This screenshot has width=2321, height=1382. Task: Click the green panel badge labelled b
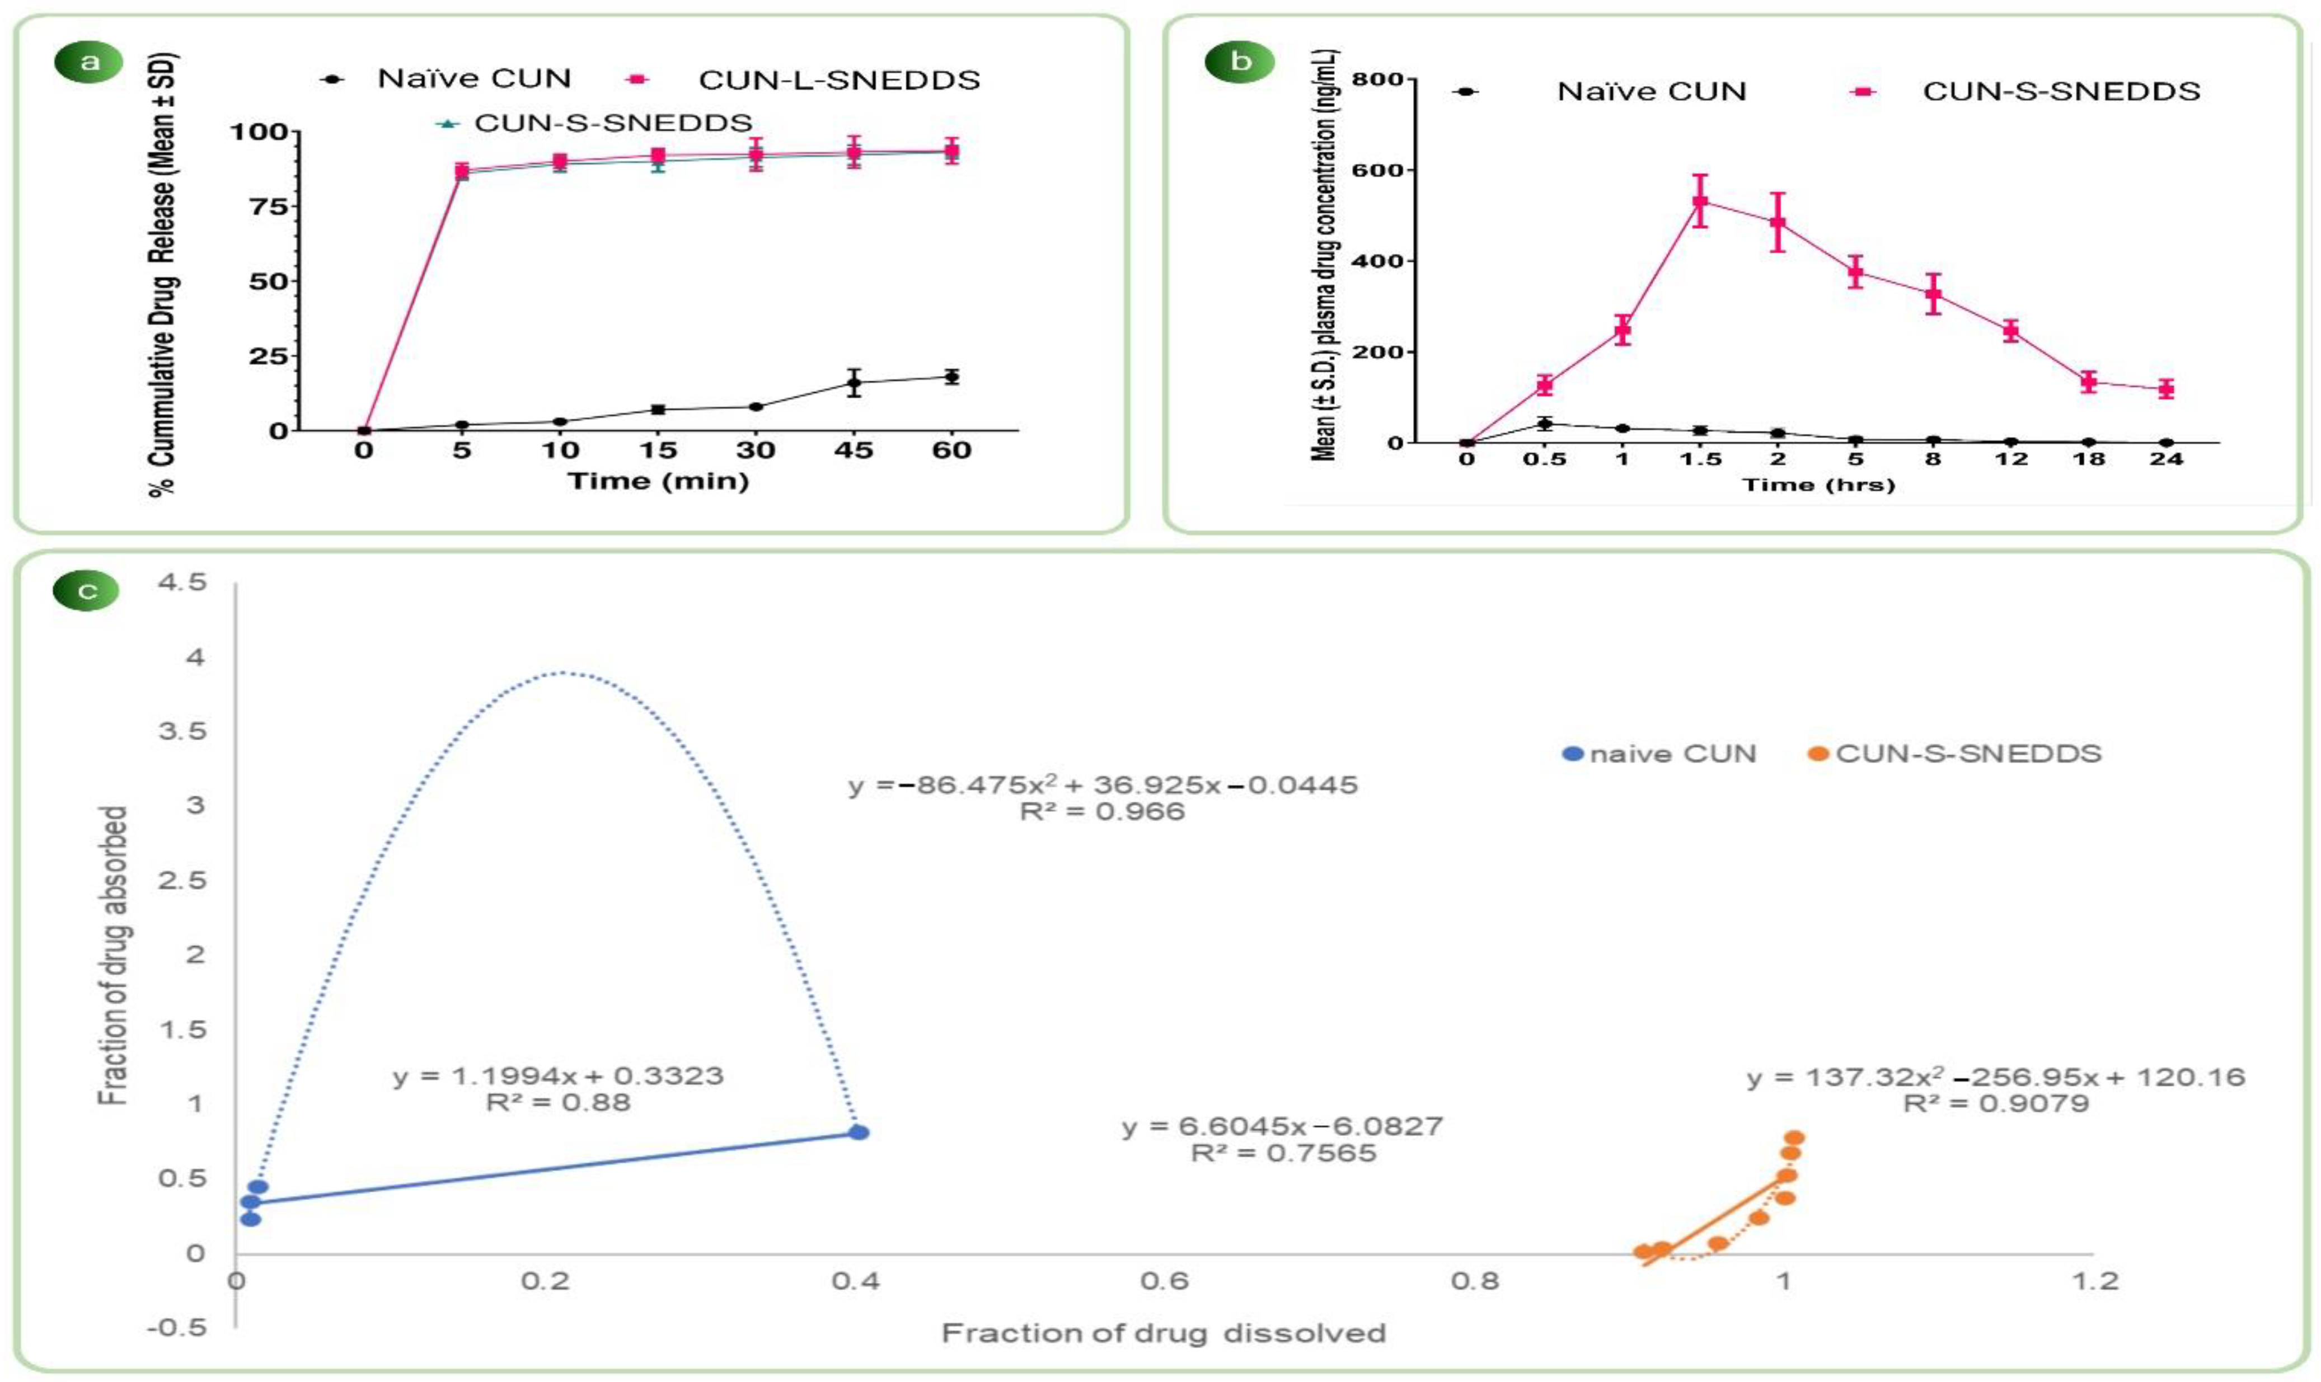1240,63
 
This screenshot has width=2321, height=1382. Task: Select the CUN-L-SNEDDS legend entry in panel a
838,80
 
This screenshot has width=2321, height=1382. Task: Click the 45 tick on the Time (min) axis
853,451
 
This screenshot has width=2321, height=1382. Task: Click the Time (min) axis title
659,482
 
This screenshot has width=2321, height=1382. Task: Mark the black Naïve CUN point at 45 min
853,382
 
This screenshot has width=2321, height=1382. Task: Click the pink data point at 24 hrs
2167,389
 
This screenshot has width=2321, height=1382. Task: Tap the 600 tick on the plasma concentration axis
1382,171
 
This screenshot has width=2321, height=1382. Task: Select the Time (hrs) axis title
1818,484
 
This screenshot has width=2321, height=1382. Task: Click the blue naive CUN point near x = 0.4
859,1132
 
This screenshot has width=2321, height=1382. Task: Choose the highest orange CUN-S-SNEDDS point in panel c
1794,1137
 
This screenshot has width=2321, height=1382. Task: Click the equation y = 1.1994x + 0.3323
558,1077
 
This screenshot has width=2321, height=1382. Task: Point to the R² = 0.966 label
1102,812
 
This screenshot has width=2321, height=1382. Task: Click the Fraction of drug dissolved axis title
1163,1333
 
